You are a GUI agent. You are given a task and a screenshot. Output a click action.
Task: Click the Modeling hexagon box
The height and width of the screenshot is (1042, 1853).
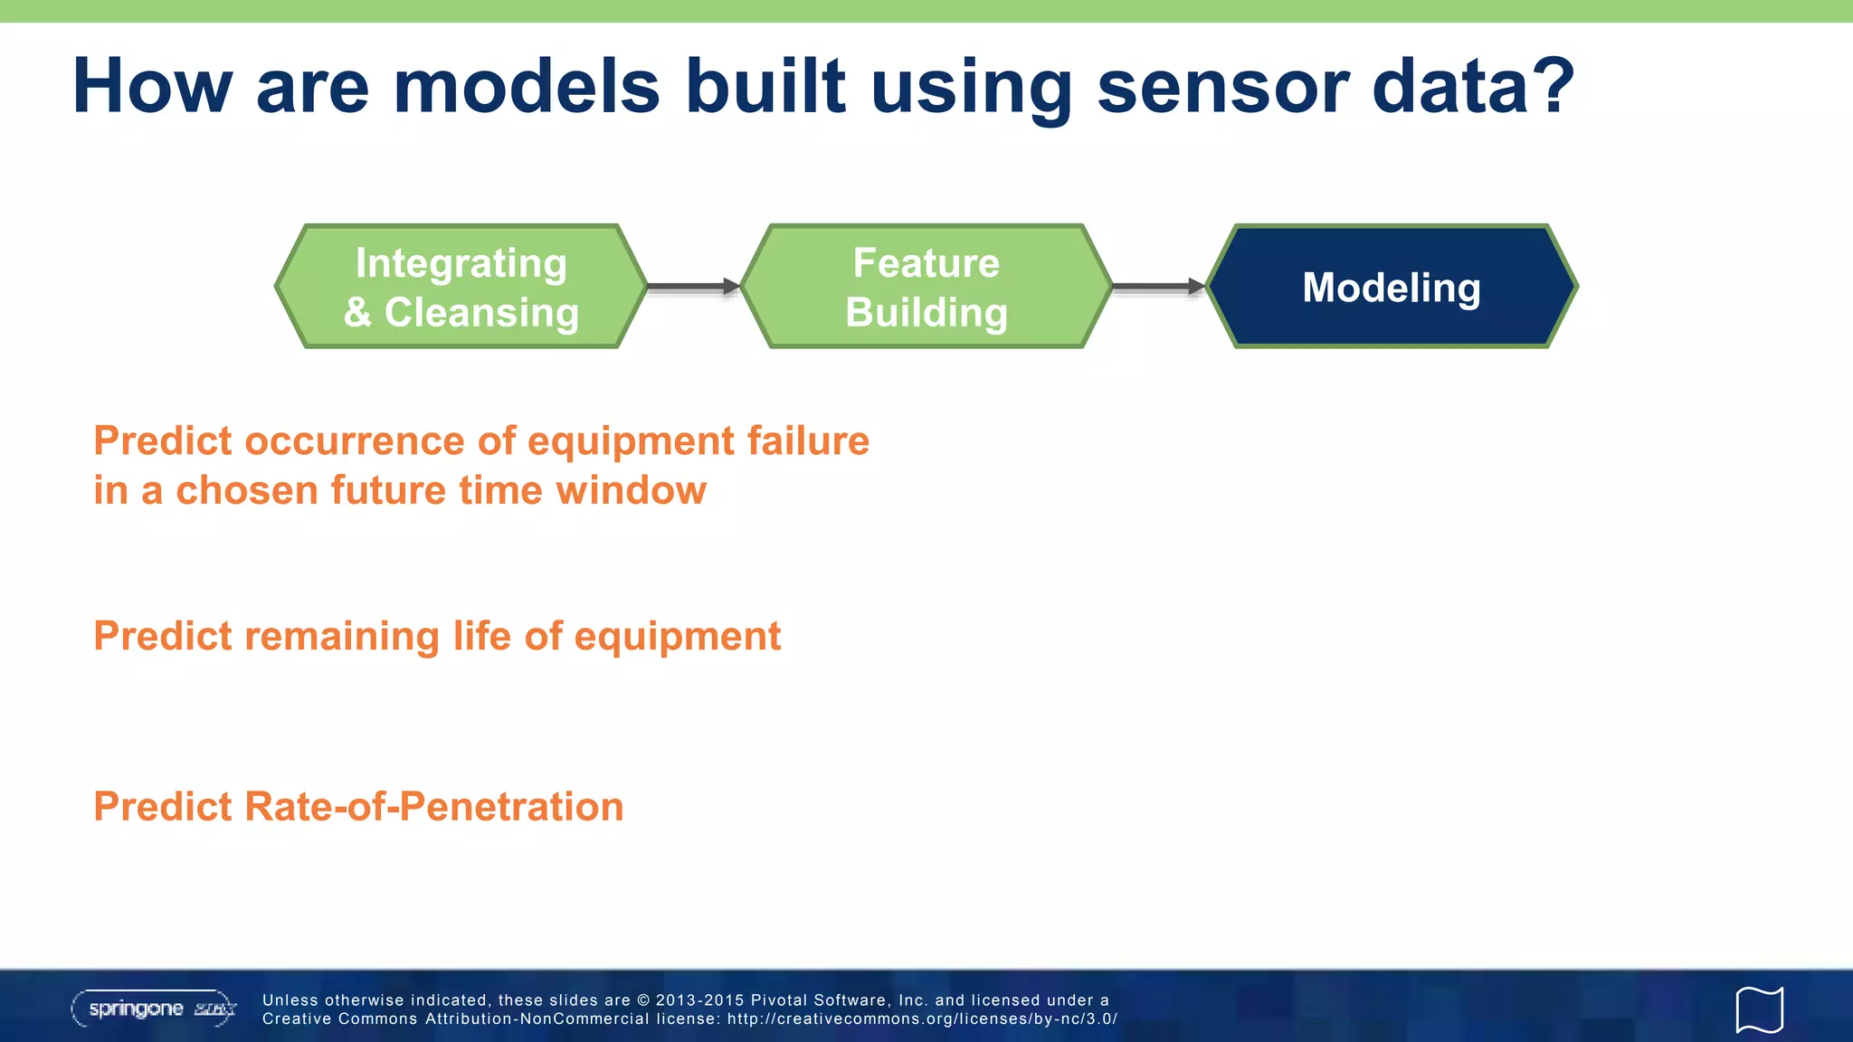click(x=1392, y=287)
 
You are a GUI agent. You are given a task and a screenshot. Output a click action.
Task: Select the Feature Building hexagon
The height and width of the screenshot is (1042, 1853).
click(x=926, y=287)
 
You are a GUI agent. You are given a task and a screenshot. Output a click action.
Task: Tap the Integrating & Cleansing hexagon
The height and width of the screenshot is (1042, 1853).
click(x=461, y=287)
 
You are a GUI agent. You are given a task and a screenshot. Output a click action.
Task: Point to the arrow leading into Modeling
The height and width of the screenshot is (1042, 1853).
click(x=1158, y=287)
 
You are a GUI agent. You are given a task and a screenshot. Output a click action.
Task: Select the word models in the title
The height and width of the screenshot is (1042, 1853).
click(x=527, y=88)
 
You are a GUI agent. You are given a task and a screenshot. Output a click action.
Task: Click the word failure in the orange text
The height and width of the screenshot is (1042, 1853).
click(x=808, y=441)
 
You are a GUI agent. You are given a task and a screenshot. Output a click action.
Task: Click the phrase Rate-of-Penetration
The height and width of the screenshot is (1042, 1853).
click(x=433, y=807)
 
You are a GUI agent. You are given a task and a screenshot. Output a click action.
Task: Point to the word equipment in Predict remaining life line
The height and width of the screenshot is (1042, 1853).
click(x=677, y=637)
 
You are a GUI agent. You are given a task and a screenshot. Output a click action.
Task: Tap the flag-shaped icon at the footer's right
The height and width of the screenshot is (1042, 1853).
click(x=1759, y=1009)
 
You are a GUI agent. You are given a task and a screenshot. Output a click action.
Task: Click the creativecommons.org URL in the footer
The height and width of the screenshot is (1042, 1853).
click(x=922, y=1019)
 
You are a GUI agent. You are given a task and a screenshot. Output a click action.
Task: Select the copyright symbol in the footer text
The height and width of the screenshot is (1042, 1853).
click(x=643, y=1000)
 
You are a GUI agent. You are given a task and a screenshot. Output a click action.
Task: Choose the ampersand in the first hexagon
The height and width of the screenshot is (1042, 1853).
click(x=357, y=313)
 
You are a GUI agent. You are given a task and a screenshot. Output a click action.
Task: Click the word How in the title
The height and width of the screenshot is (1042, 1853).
click(x=152, y=88)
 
